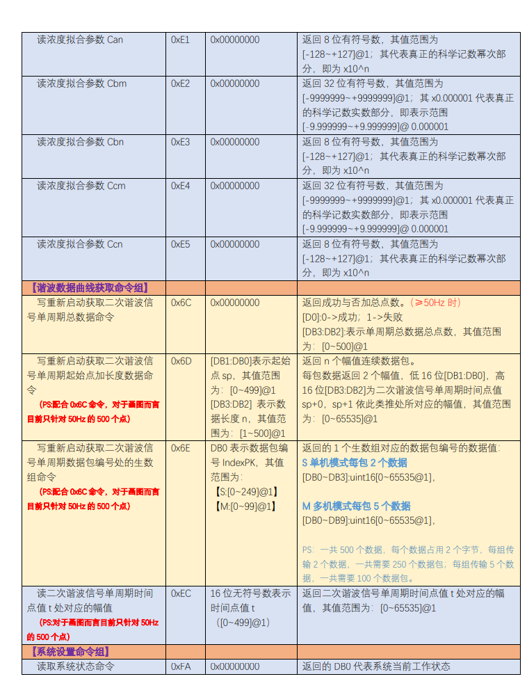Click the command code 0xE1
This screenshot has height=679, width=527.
click(180, 40)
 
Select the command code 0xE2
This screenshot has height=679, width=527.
click(180, 83)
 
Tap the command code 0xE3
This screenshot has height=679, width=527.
click(180, 142)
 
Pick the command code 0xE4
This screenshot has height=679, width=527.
click(180, 186)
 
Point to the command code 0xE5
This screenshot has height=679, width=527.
click(180, 244)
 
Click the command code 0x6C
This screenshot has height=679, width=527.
click(181, 303)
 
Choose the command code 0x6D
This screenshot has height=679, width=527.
click(181, 361)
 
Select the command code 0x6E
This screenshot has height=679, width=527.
click(181, 448)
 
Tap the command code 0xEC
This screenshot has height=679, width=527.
click(181, 593)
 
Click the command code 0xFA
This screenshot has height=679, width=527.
click(181, 666)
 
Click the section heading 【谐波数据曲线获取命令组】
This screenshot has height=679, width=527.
click(89, 287)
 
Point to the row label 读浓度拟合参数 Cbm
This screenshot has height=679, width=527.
click(81, 83)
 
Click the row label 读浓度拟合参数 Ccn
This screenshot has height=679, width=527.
click(80, 244)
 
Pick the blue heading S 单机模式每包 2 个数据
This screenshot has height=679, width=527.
click(355, 463)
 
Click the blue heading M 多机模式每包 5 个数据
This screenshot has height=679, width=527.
click(356, 506)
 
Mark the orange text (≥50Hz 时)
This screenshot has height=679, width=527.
click(435, 303)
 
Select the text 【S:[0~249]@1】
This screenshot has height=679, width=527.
click(248, 492)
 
